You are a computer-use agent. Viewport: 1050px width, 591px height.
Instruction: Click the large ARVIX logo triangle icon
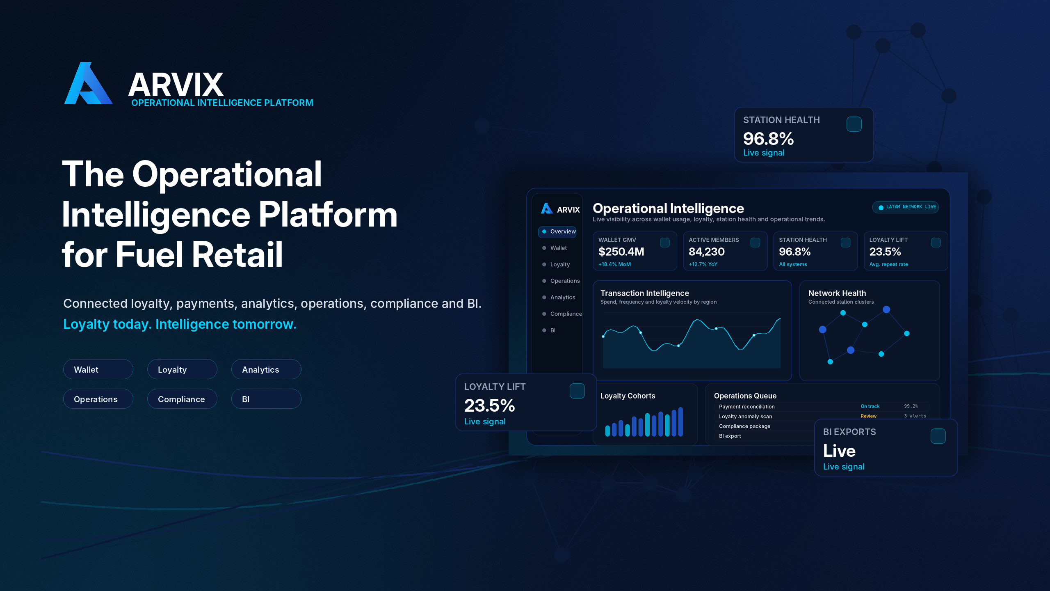[88, 83]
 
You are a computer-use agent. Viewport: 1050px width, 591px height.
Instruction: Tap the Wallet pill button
[98, 369]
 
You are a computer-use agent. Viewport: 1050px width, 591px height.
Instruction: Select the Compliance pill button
[182, 399]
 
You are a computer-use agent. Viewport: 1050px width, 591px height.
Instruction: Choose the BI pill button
[266, 399]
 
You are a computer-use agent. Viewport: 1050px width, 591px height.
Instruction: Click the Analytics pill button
[266, 369]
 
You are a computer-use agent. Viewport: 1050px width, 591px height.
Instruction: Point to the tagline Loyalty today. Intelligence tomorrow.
[180, 324]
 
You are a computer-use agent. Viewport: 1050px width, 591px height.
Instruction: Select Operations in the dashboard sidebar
[565, 281]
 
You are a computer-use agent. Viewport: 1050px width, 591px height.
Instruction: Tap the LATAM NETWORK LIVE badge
[906, 207]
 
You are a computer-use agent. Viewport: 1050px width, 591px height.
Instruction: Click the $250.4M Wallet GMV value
[621, 252]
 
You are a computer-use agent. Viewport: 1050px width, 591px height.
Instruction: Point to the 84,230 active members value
[706, 252]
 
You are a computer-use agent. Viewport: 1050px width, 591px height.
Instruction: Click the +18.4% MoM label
[614, 265]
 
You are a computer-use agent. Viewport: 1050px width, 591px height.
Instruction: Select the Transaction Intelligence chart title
[644, 293]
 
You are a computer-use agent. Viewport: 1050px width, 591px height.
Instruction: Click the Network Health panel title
[837, 293]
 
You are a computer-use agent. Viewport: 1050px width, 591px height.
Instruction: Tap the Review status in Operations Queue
[868, 416]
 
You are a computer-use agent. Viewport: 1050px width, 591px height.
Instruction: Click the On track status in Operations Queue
[870, 406]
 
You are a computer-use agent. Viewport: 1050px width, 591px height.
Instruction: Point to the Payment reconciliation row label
[746, 407]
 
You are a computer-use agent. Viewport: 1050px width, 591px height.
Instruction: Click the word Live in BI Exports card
[839, 451]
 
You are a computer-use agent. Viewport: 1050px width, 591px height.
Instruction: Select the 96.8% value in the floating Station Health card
[768, 139]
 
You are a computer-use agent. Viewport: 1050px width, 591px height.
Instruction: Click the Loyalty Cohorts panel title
[628, 396]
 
